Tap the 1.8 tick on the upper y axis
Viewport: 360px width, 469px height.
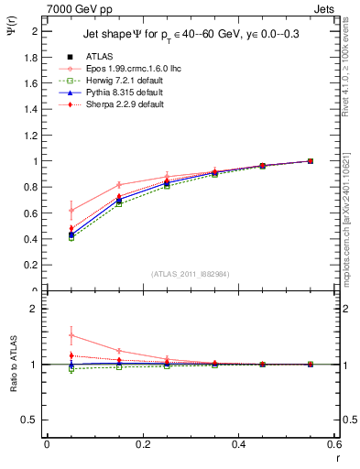tap(29, 57)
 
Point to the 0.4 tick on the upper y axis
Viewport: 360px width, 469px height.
tap(29, 240)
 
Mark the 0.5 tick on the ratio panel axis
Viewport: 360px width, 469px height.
tap(29, 420)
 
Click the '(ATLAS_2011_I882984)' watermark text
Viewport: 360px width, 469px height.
tap(191, 274)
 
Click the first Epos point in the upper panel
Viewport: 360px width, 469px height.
tap(71, 210)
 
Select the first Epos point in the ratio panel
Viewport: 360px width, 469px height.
tap(71, 335)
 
